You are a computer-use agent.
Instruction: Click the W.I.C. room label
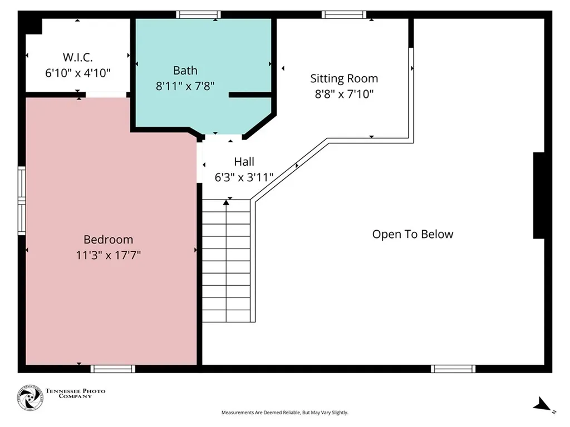77,57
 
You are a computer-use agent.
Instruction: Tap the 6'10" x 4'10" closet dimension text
77,73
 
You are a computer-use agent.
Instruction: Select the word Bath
185,70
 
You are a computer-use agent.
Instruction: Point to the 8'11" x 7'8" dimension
185,86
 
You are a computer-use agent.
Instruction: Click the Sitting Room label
344,78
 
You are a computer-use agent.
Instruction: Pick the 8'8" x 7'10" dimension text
344,94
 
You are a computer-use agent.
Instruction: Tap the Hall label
244,161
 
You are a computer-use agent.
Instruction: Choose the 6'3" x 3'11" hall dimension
244,177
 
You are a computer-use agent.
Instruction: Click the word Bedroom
109,239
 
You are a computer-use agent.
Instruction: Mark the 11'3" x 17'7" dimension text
109,255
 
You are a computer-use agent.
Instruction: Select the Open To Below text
412,234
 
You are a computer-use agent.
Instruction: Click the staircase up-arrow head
226,202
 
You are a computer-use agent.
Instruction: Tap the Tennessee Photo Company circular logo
30,398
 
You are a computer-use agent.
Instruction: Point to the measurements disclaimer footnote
285,413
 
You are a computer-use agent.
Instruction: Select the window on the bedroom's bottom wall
112,369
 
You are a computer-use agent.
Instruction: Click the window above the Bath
199,14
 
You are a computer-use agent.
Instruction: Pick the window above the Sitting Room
344,14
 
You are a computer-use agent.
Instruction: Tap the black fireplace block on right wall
539,196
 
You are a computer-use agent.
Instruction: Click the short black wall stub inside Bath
250,95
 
